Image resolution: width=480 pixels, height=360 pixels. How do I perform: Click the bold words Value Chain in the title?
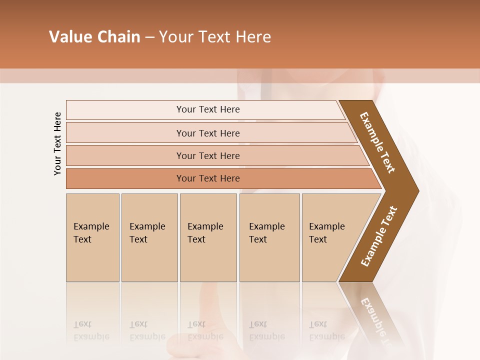(94, 37)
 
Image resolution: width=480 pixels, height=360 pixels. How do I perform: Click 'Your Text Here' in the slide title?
(215, 37)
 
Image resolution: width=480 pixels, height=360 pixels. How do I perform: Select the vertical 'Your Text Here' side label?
(57, 143)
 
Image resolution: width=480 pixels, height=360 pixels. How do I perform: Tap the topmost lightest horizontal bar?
(207, 109)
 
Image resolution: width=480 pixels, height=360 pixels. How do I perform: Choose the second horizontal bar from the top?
(207, 133)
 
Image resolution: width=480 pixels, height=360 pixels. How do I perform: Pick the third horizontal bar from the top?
(207, 155)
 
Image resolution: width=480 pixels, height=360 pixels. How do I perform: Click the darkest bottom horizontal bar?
(207, 178)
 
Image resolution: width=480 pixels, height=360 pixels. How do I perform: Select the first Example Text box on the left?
(92, 237)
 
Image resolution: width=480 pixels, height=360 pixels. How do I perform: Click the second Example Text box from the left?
(149, 237)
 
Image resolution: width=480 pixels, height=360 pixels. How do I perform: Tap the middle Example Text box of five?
(208, 237)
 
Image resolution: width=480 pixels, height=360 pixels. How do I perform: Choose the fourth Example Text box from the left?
(269, 237)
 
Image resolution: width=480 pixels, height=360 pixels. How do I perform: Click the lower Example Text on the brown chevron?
(379, 236)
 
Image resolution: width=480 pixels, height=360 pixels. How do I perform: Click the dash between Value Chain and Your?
(149, 37)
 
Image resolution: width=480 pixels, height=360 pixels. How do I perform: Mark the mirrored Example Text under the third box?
(205, 330)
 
